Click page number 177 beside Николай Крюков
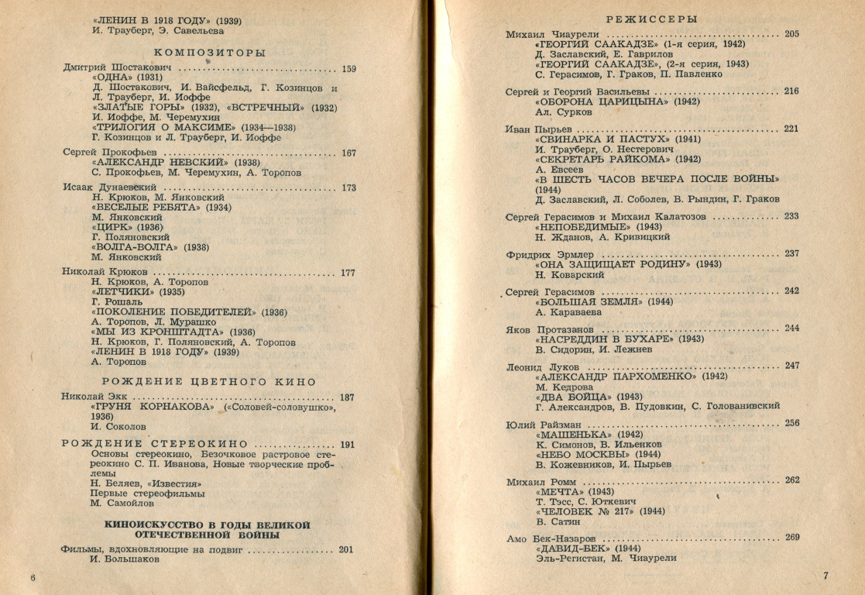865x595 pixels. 348,273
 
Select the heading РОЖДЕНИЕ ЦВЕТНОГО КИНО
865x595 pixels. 210,381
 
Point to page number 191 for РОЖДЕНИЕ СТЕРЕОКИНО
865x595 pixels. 348,445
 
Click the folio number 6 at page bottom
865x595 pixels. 33,577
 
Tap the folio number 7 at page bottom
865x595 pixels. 826,575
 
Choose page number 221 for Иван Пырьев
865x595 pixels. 791,129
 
